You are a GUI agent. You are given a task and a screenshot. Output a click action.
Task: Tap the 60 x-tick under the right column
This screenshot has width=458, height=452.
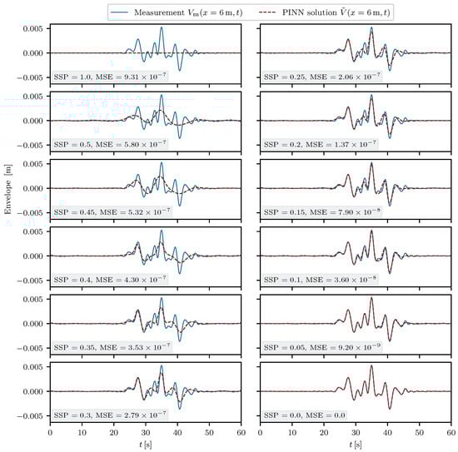[x=451, y=434]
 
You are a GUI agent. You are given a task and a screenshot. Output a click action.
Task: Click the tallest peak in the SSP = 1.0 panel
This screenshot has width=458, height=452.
[x=162, y=28]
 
